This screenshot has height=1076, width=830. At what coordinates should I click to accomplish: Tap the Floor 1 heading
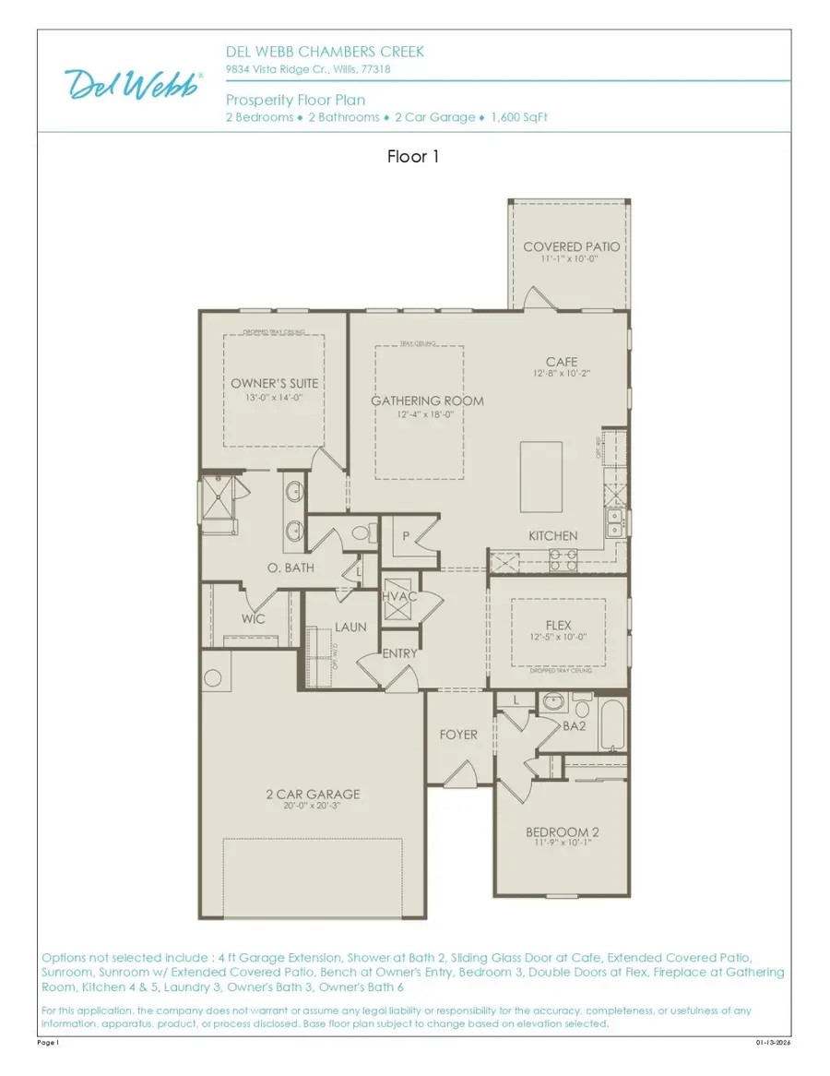click(413, 157)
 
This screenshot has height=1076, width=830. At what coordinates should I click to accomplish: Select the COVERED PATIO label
click(571, 246)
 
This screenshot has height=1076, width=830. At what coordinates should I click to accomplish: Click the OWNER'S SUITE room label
click(274, 383)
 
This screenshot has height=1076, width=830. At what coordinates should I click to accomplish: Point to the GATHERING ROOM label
click(427, 401)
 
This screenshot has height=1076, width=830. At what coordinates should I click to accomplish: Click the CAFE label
click(561, 362)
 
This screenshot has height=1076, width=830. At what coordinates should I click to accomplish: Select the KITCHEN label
click(552, 536)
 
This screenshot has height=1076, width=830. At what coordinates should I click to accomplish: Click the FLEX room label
click(558, 625)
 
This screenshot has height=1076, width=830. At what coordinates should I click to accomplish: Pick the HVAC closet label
click(399, 596)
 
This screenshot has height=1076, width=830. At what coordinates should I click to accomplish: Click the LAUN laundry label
click(350, 627)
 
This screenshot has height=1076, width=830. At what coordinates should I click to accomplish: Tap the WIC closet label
click(254, 618)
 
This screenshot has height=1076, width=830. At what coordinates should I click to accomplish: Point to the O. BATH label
click(291, 568)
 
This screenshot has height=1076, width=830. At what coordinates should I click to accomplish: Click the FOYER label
click(458, 735)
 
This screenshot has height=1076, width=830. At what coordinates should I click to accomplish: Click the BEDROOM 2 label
click(563, 831)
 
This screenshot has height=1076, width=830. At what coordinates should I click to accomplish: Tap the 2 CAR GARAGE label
click(314, 794)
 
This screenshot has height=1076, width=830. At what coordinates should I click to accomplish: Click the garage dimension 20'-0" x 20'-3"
click(314, 806)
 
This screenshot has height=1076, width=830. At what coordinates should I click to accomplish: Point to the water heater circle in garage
click(213, 679)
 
